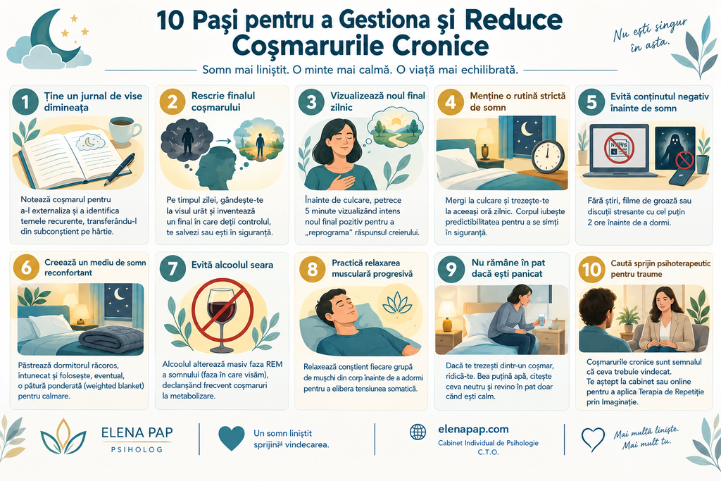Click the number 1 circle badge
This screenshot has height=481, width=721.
coord(26,101)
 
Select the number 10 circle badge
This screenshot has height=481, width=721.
coord(591,268)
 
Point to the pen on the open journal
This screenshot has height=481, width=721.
coord(119,169)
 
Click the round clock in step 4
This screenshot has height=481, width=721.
coord(548,156)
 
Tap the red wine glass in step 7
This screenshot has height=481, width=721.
coord(222,313)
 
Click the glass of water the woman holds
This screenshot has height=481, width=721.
coord(541,320)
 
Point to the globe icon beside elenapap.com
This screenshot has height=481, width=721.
coord(418,431)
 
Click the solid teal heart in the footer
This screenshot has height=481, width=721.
coord(231,438)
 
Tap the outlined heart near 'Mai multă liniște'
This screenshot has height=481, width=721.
coord(593,439)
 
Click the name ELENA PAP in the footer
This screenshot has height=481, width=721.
coord(137,432)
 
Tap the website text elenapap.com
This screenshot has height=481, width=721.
coord(473,430)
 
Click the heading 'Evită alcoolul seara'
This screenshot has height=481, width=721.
coord(232,266)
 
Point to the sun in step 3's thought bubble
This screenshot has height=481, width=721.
coord(395,121)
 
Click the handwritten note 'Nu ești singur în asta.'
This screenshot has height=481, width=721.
coord(649,35)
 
